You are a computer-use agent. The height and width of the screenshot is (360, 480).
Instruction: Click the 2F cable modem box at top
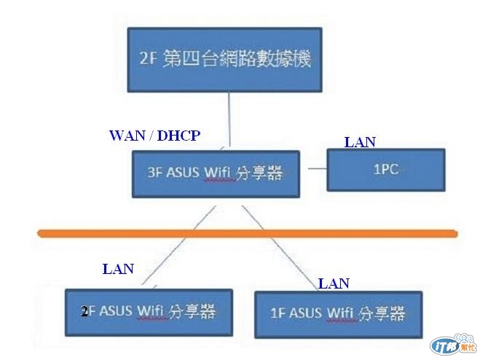pos(224,60)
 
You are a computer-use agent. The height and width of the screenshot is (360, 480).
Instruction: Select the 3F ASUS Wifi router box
pos(216,173)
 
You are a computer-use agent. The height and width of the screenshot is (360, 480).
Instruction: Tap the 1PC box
pos(385,169)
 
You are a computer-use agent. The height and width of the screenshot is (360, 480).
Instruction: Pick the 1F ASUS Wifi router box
pos(338,313)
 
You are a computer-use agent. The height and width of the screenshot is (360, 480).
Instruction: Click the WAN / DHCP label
pos(154,136)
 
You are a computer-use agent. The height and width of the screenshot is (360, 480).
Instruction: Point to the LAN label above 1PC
pos(360,142)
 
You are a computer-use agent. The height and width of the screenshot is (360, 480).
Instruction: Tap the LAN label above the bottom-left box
pos(118,269)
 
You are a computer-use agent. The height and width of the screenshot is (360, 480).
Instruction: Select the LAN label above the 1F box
pos(334,283)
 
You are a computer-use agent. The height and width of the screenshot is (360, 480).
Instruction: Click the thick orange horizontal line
pos(248,233)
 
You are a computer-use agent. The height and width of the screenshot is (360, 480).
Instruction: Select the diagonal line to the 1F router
pos(273,248)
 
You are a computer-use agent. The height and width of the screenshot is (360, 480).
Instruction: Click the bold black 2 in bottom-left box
pos(84,312)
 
